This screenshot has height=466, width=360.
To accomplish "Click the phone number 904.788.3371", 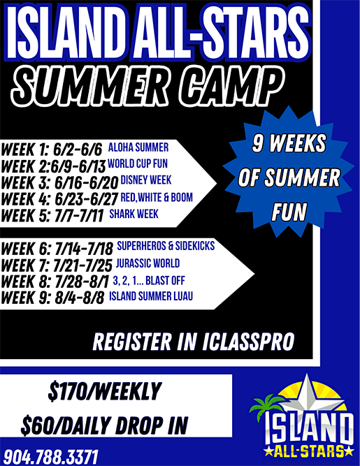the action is (x=50, y=457).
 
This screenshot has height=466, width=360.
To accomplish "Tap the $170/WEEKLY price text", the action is (x=105, y=391).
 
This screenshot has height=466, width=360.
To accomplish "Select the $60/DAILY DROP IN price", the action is (x=104, y=425).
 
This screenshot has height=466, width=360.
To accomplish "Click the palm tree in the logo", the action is (x=266, y=405).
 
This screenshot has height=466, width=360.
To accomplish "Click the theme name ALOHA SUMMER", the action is (x=138, y=147).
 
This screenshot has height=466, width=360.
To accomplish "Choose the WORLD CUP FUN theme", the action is (x=138, y=163).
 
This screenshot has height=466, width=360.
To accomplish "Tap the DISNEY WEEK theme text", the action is (x=146, y=180).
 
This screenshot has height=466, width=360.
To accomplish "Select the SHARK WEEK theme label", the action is (x=134, y=214).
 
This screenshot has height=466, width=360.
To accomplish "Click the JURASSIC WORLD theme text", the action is (x=147, y=263).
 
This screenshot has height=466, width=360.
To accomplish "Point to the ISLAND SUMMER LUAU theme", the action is (x=151, y=296).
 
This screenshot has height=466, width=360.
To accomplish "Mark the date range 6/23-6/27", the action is (x=87, y=199).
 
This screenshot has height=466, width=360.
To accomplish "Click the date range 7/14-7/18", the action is (x=84, y=249).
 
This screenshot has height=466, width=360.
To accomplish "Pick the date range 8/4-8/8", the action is (x=80, y=298).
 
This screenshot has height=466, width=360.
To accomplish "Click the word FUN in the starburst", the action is (x=289, y=212).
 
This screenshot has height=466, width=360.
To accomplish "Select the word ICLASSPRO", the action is (x=249, y=342).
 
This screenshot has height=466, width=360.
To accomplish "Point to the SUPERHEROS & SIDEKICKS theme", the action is (x=166, y=246).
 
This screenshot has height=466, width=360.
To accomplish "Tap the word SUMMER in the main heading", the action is (x=92, y=87).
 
